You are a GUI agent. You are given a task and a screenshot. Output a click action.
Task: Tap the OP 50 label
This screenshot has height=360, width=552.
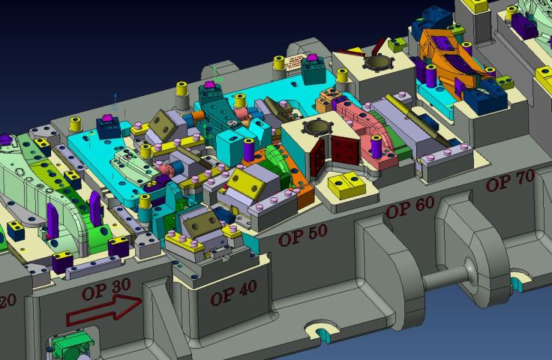point(302,235)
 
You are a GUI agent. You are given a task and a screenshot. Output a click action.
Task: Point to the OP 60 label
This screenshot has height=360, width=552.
point(409,207)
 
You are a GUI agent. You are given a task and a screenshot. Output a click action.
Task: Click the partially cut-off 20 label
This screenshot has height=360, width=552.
point(10,300)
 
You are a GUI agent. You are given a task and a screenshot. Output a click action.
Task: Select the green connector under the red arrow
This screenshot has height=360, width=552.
point(71,347)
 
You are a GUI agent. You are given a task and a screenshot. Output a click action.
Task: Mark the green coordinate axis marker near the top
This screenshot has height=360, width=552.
point(214,72)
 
